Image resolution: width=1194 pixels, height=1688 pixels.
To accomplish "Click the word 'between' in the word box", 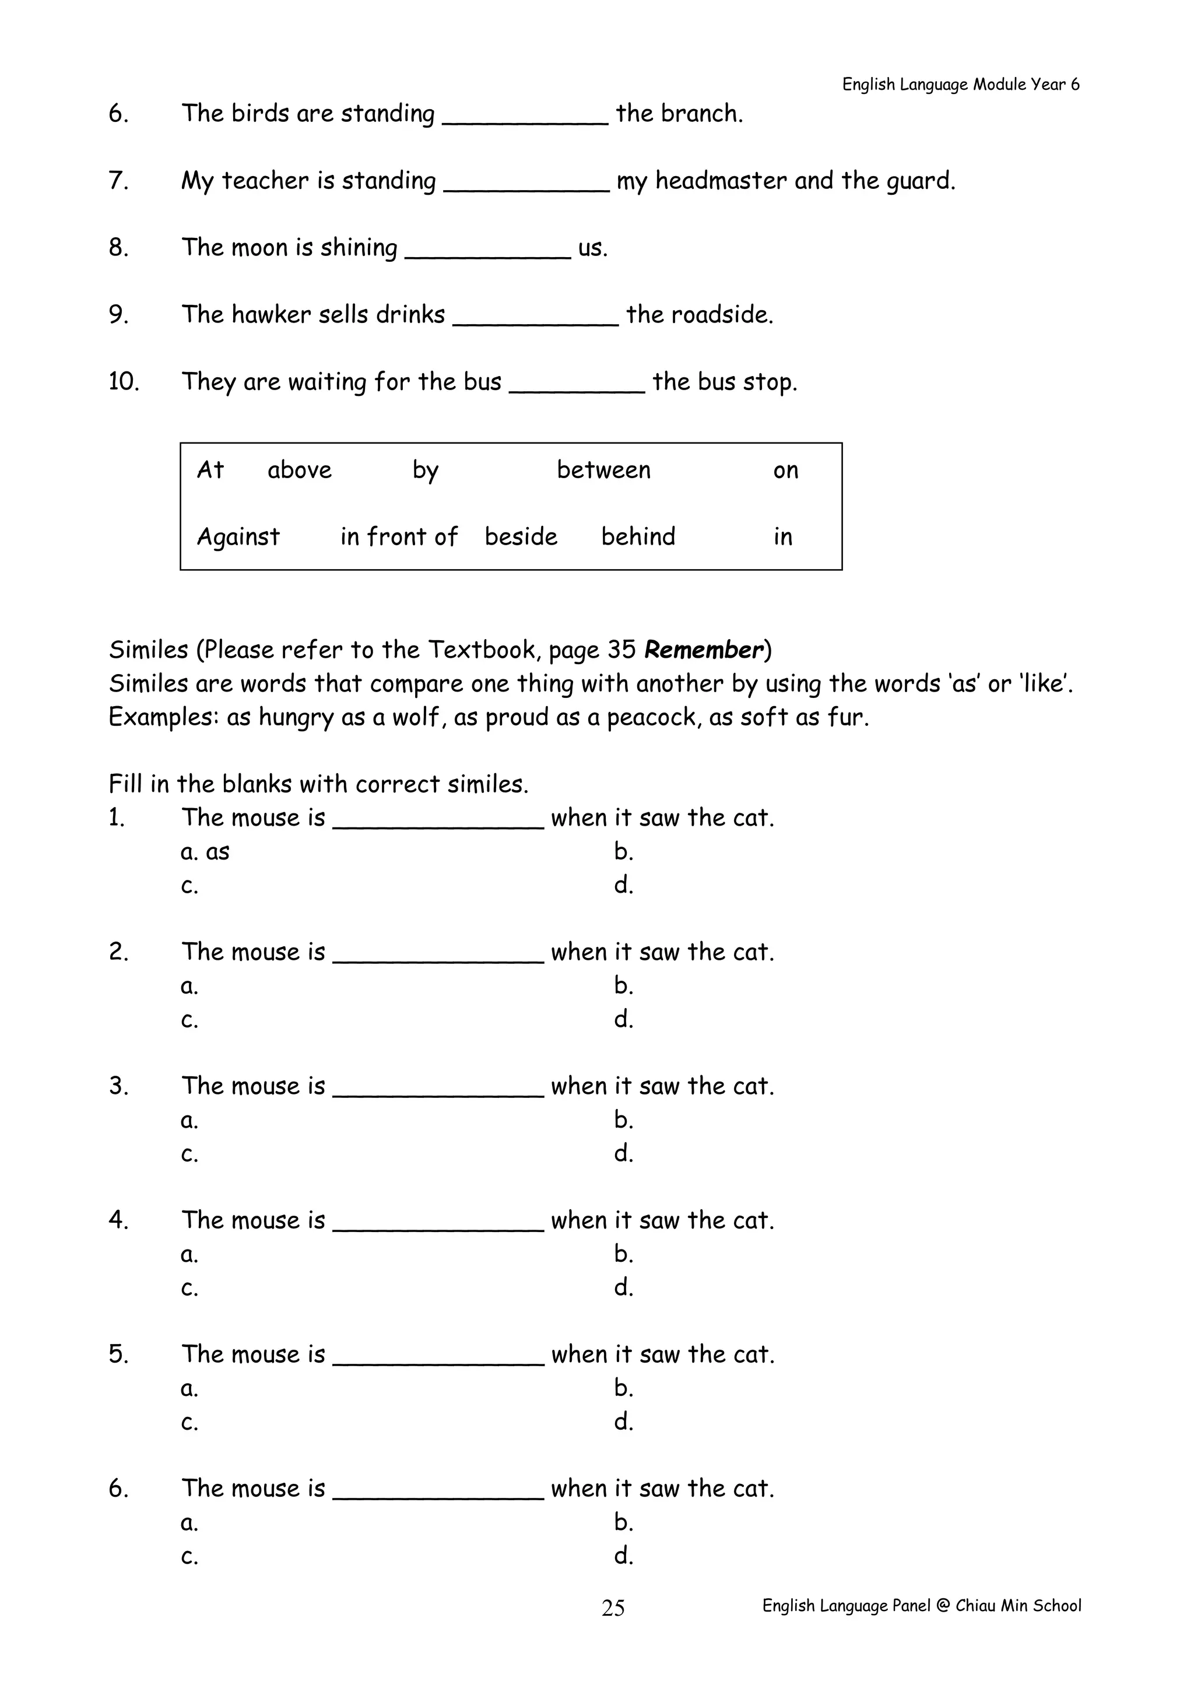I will coord(603,470).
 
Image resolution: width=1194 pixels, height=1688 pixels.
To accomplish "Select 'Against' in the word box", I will coord(238,538).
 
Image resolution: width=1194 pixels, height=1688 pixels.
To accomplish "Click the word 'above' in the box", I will coord(299,470).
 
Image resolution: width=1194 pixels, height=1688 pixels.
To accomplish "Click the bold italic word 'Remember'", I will coord(704,650).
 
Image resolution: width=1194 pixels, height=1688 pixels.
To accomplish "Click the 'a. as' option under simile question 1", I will coord(205,851).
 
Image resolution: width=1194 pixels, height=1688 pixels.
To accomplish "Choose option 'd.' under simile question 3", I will coord(623,1153).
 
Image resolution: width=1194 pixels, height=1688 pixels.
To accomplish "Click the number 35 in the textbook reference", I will coord(621,650).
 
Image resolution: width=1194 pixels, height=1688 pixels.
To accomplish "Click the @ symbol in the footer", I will coord(943,1606).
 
